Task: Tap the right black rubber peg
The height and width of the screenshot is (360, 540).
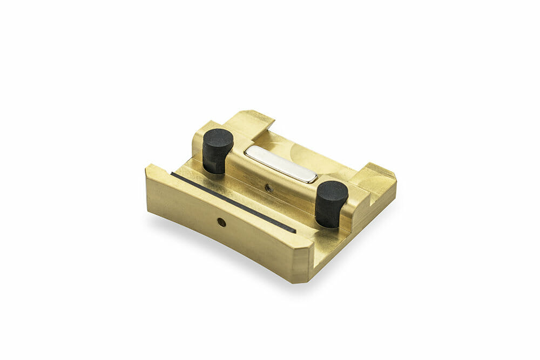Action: pyautogui.click(x=330, y=203)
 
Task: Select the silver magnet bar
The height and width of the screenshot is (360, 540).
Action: pyautogui.click(x=281, y=164)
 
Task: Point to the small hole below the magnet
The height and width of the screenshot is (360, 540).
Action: pyautogui.click(x=268, y=188)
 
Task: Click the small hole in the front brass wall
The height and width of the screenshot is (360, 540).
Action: pyautogui.click(x=221, y=222)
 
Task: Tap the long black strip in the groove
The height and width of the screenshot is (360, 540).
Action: pyautogui.click(x=232, y=202)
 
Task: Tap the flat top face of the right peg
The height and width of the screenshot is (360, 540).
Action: pyautogui.click(x=332, y=189)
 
